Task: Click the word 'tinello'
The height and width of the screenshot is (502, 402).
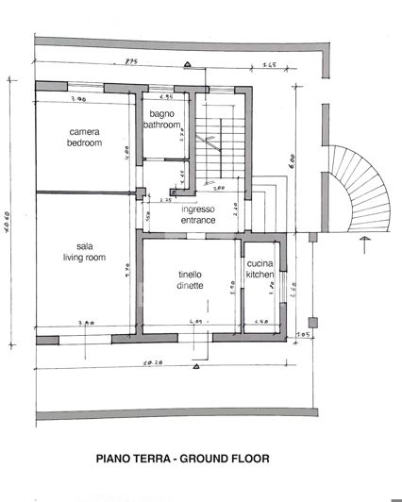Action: pos(190,276)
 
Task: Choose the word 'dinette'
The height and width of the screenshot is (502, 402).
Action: pos(189,286)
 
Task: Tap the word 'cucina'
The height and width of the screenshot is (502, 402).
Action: pos(260,263)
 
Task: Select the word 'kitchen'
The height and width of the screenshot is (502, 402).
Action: pos(260,275)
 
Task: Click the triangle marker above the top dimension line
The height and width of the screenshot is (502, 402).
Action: pos(188,64)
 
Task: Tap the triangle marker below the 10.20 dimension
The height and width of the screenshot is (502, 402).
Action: pos(188,372)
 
